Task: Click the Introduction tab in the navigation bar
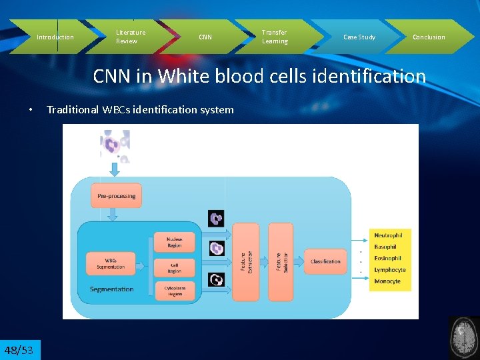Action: (55, 37)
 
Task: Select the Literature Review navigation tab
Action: (131, 37)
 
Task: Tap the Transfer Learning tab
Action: (275, 37)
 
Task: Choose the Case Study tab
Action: (359, 37)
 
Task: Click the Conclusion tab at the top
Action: (429, 37)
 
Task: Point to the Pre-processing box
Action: (116, 196)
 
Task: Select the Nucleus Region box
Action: (174, 242)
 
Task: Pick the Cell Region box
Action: (174, 267)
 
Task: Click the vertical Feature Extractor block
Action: (245, 261)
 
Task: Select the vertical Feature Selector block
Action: (280, 261)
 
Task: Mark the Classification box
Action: (325, 261)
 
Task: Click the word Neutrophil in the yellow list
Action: (388, 236)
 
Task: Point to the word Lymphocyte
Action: (390, 270)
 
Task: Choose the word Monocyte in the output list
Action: (387, 281)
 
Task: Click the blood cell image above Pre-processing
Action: (114, 145)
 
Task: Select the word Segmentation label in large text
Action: (112, 289)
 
